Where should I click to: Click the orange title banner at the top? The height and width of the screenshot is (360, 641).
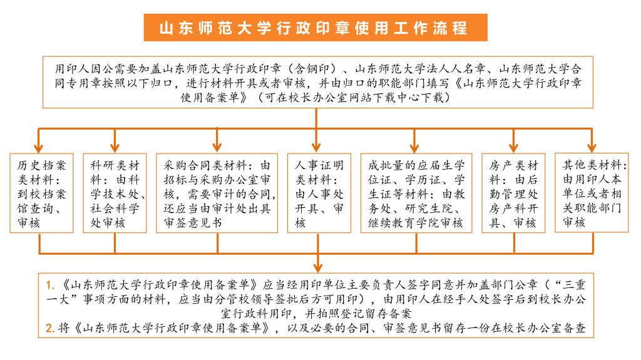315,28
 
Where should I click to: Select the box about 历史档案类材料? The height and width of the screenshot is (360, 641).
41,193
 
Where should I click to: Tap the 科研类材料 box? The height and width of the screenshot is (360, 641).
115,193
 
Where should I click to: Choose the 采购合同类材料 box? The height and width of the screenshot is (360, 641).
217,193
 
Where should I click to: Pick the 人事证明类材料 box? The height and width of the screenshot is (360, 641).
319,193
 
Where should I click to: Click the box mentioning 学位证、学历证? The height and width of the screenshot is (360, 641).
416,193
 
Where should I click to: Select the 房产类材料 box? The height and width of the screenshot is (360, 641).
513,193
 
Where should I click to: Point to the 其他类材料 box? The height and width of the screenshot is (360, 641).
592,193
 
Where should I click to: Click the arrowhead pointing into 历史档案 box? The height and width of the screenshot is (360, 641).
38,148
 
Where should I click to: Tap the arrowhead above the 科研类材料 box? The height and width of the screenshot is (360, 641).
115,148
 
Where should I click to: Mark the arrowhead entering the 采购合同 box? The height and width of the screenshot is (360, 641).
217,148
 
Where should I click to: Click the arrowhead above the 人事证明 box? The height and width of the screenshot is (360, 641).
316,148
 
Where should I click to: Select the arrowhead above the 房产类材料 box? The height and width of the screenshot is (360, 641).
514,148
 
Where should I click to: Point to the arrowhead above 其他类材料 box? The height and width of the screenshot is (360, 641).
592,148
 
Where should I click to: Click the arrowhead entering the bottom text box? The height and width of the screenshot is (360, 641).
318,268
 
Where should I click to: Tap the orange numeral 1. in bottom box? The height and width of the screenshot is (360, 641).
50,285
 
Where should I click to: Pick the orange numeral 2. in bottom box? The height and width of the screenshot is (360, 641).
50,328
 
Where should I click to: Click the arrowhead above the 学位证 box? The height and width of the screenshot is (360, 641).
414,148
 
